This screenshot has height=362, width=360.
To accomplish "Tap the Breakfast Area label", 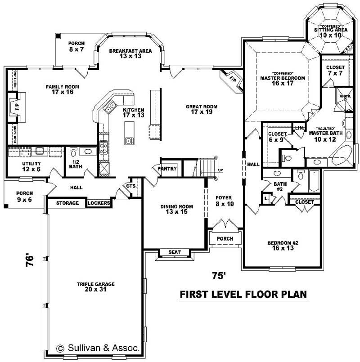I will (x=130, y=54).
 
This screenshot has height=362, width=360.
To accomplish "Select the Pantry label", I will (x=167, y=169).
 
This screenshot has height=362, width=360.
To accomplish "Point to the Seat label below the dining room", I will (x=174, y=252).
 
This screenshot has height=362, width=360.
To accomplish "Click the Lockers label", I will (x=99, y=203).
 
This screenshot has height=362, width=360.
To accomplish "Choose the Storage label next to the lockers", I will (x=67, y=203).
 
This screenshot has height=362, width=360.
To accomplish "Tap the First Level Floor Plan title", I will (x=243, y=295).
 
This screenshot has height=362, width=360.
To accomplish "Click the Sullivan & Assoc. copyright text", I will (x=98, y=348).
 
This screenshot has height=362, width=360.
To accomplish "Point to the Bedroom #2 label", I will (x=283, y=246).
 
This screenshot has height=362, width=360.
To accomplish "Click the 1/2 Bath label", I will (x=75, y=164).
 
